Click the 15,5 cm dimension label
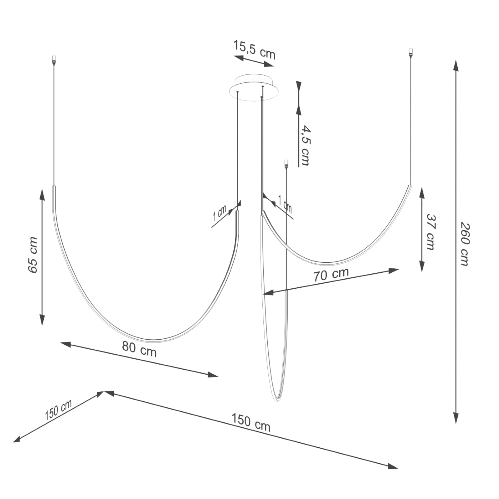(254, 50)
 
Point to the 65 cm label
(33, 254)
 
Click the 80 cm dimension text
(139, 349)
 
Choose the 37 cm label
(430, 232)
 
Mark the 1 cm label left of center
(220, 212)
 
